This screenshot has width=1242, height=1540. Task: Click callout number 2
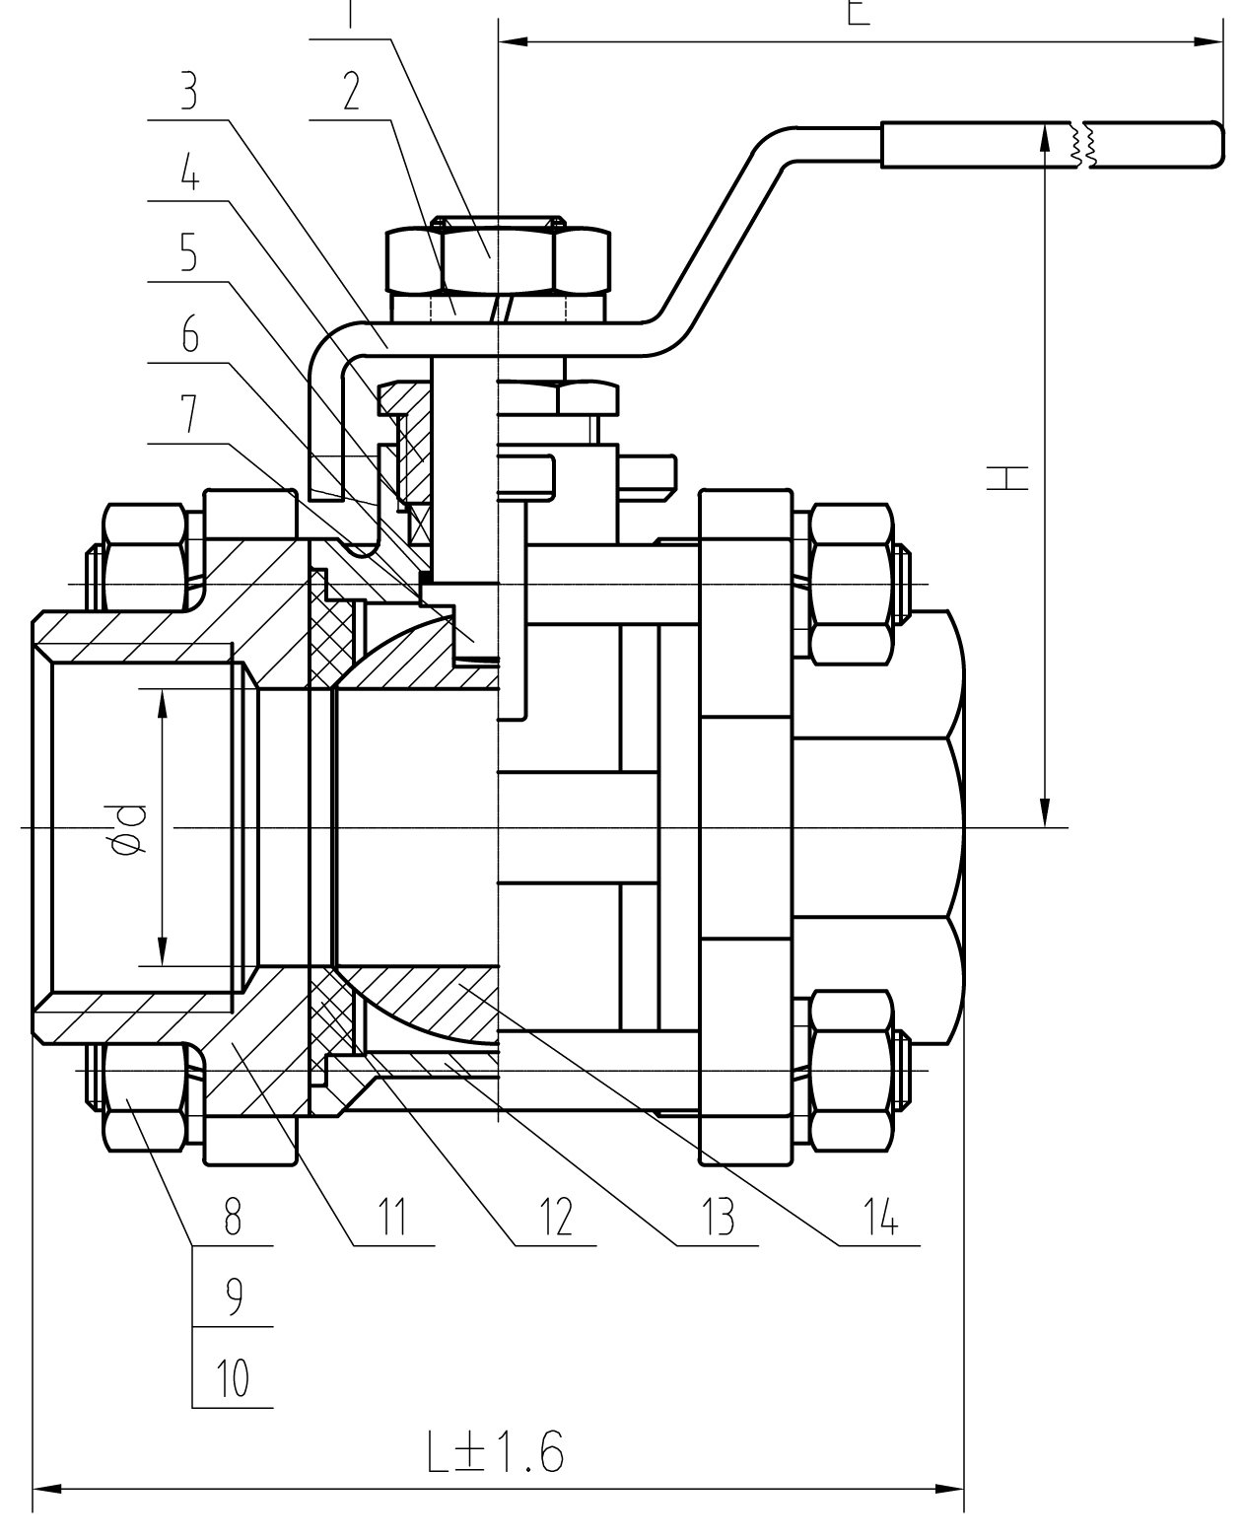(x=350, y=92)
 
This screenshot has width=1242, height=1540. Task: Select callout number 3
(x=188, y=92)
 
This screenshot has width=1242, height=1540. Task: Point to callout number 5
(x=188, y=255)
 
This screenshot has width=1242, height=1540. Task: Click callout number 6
(x=188, y=337)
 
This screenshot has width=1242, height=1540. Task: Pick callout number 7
(x=188, y=418)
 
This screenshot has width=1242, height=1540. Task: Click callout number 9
(x=233, y=1299)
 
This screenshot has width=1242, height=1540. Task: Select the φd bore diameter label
(x=129, y=828)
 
